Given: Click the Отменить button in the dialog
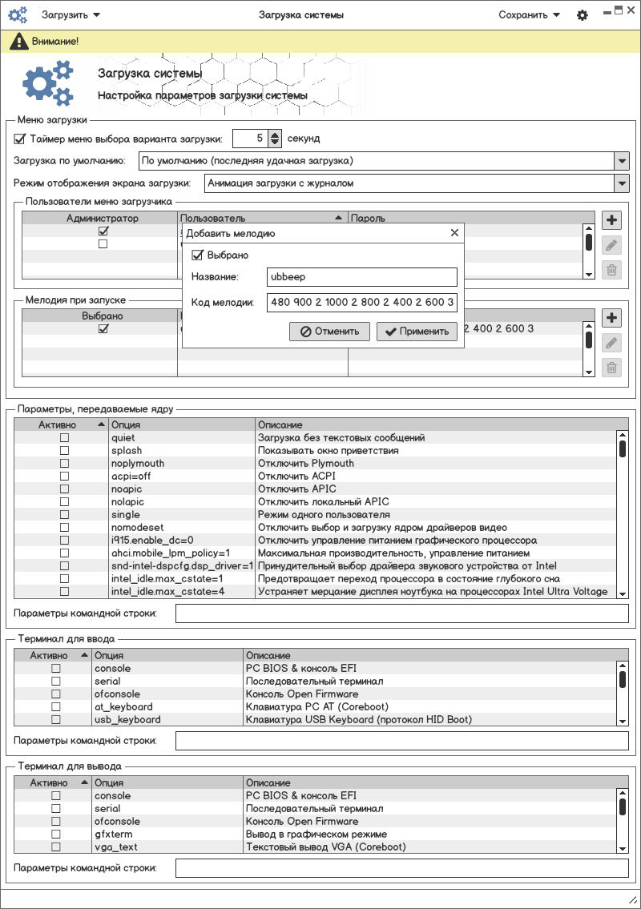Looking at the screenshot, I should pos(329,332).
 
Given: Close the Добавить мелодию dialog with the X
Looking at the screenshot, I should pos(454,233).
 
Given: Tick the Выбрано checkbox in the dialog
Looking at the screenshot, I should pos(197,255).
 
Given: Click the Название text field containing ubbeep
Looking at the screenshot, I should pos(361,277).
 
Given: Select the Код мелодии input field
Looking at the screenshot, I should pos(361,303).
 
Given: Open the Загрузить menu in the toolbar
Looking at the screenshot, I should pos(71,14).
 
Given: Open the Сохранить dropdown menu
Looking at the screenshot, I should pos(529,14).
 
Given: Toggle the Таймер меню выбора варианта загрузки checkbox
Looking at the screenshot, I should pos(20,139).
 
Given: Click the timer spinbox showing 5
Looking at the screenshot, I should pos(250,139).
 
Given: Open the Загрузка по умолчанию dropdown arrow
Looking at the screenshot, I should pos(622,160).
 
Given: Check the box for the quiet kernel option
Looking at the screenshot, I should pos(65,438).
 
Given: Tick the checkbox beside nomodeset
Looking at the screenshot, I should pos(65,528).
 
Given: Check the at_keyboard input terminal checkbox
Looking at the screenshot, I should pos(56,707).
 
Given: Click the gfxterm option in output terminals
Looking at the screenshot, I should pos(107,835).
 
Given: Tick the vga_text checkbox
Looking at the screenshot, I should pos(56,847).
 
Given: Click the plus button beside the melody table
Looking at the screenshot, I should pos(611,317).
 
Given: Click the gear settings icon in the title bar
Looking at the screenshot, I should pos(583,15).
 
